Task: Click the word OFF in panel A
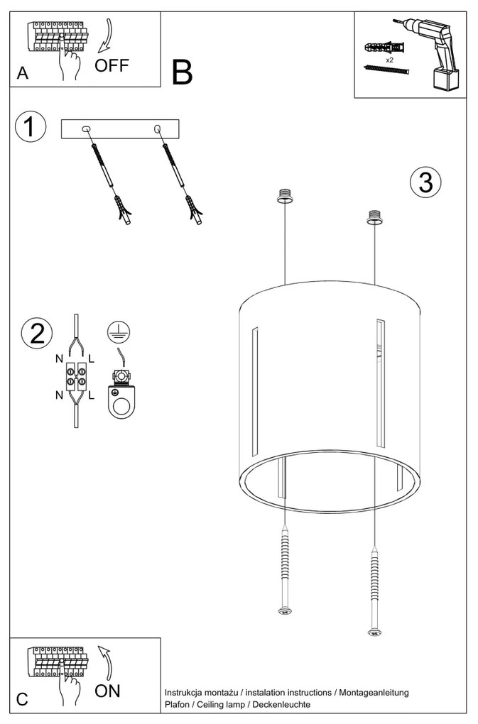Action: click(x=113, y=66)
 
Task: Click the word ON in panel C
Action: click(x=108, y=690)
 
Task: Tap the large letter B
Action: click(x=183, y=72)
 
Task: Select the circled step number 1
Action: click(x=30, y=127)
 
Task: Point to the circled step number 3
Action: click(x=425, y=182)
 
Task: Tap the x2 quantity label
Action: click(x=390, y=61)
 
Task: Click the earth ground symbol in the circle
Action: click(x=119, y=331)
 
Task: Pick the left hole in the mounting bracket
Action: click(x=87, y=128)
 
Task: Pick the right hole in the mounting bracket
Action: click(x=157, y=128)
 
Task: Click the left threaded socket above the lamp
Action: click(x=285, y=194)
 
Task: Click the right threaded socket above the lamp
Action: click(x=373, y=216)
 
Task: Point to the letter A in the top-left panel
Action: click(x=22, y=74)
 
